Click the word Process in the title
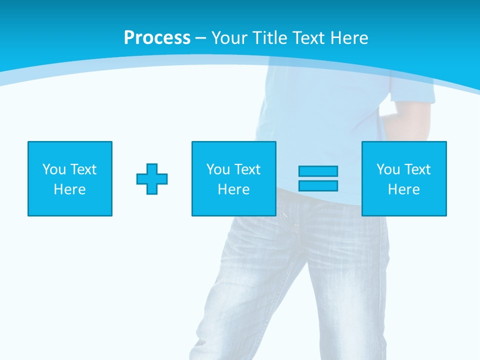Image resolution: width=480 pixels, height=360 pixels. point(157,38)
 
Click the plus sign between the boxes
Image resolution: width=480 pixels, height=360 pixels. point(152,178)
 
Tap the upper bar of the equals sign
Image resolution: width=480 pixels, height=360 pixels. point(318,171)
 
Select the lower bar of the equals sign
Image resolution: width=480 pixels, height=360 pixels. point(318,185)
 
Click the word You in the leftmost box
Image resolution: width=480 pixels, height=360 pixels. point(54,169)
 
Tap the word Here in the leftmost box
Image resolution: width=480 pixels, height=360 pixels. point(70,189)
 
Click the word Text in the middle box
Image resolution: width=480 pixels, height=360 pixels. point(247,169)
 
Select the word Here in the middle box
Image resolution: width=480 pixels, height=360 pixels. point(234,189)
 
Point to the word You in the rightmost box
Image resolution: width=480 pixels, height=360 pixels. point(388,169)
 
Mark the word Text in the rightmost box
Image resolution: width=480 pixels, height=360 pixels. point(417,169)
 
